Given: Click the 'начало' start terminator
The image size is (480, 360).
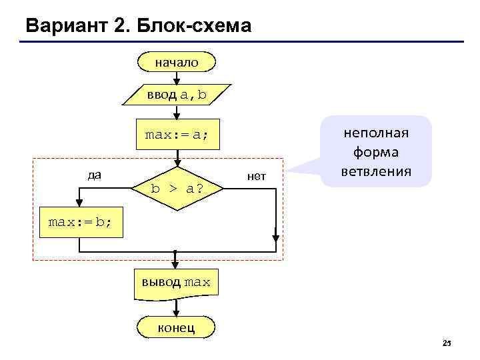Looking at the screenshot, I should pos(177,62).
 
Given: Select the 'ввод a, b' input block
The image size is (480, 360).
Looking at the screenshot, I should pos(177,95).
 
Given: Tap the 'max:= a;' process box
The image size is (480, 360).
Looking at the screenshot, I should pos(177,135).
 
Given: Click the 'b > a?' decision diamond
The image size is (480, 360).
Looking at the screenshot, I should pos(177,189).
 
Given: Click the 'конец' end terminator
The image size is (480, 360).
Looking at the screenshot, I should pos(176,327).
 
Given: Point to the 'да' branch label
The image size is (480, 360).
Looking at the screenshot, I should pos(95,175).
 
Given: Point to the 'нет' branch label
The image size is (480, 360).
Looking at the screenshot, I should pos(256,176).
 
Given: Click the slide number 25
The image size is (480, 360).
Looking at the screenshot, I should pos(447,343).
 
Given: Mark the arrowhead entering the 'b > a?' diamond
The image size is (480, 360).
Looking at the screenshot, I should pos(177,162).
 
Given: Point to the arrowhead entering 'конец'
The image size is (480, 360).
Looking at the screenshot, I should pos(176,313).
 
